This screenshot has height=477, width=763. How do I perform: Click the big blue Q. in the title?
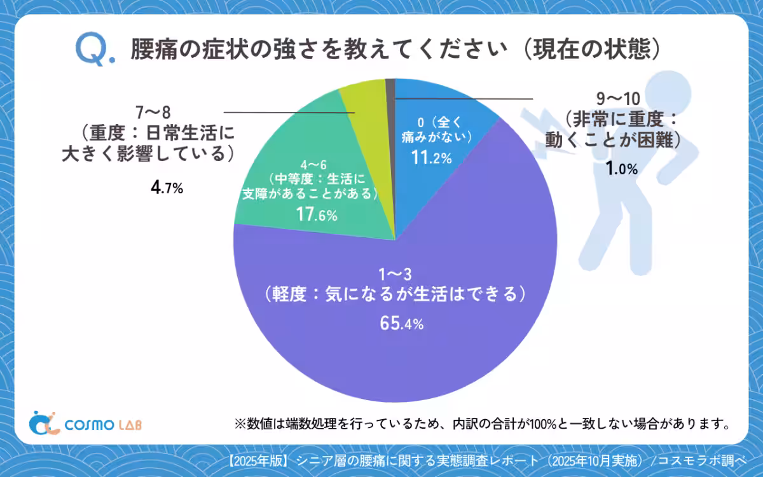click(95, 49)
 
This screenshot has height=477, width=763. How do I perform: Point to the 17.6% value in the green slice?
click(317, 215)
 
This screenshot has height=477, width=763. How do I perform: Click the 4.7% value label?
click(167, 188)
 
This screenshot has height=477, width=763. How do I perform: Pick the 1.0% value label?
click(621, 169)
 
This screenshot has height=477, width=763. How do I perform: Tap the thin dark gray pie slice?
click(390, 89)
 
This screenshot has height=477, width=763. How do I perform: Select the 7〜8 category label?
click(153, 113)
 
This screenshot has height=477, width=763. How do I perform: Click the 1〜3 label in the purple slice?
click(396, 275)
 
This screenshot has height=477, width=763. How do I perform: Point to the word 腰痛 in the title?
click(151, 49)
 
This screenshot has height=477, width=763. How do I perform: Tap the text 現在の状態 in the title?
click(591, 49)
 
